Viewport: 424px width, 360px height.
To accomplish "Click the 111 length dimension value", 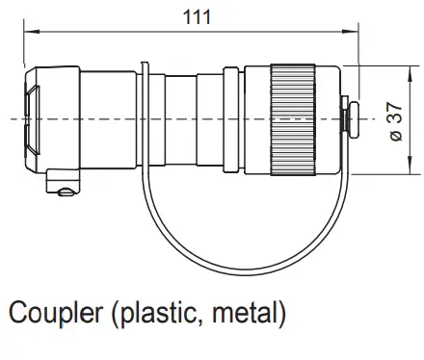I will pyautogui.click(x=191, y=16).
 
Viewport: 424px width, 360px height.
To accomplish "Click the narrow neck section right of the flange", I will pyautogui.click(x=179, y=120).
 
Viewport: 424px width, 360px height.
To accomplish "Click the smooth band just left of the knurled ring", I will pyautogui.click(x=256, y=121).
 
